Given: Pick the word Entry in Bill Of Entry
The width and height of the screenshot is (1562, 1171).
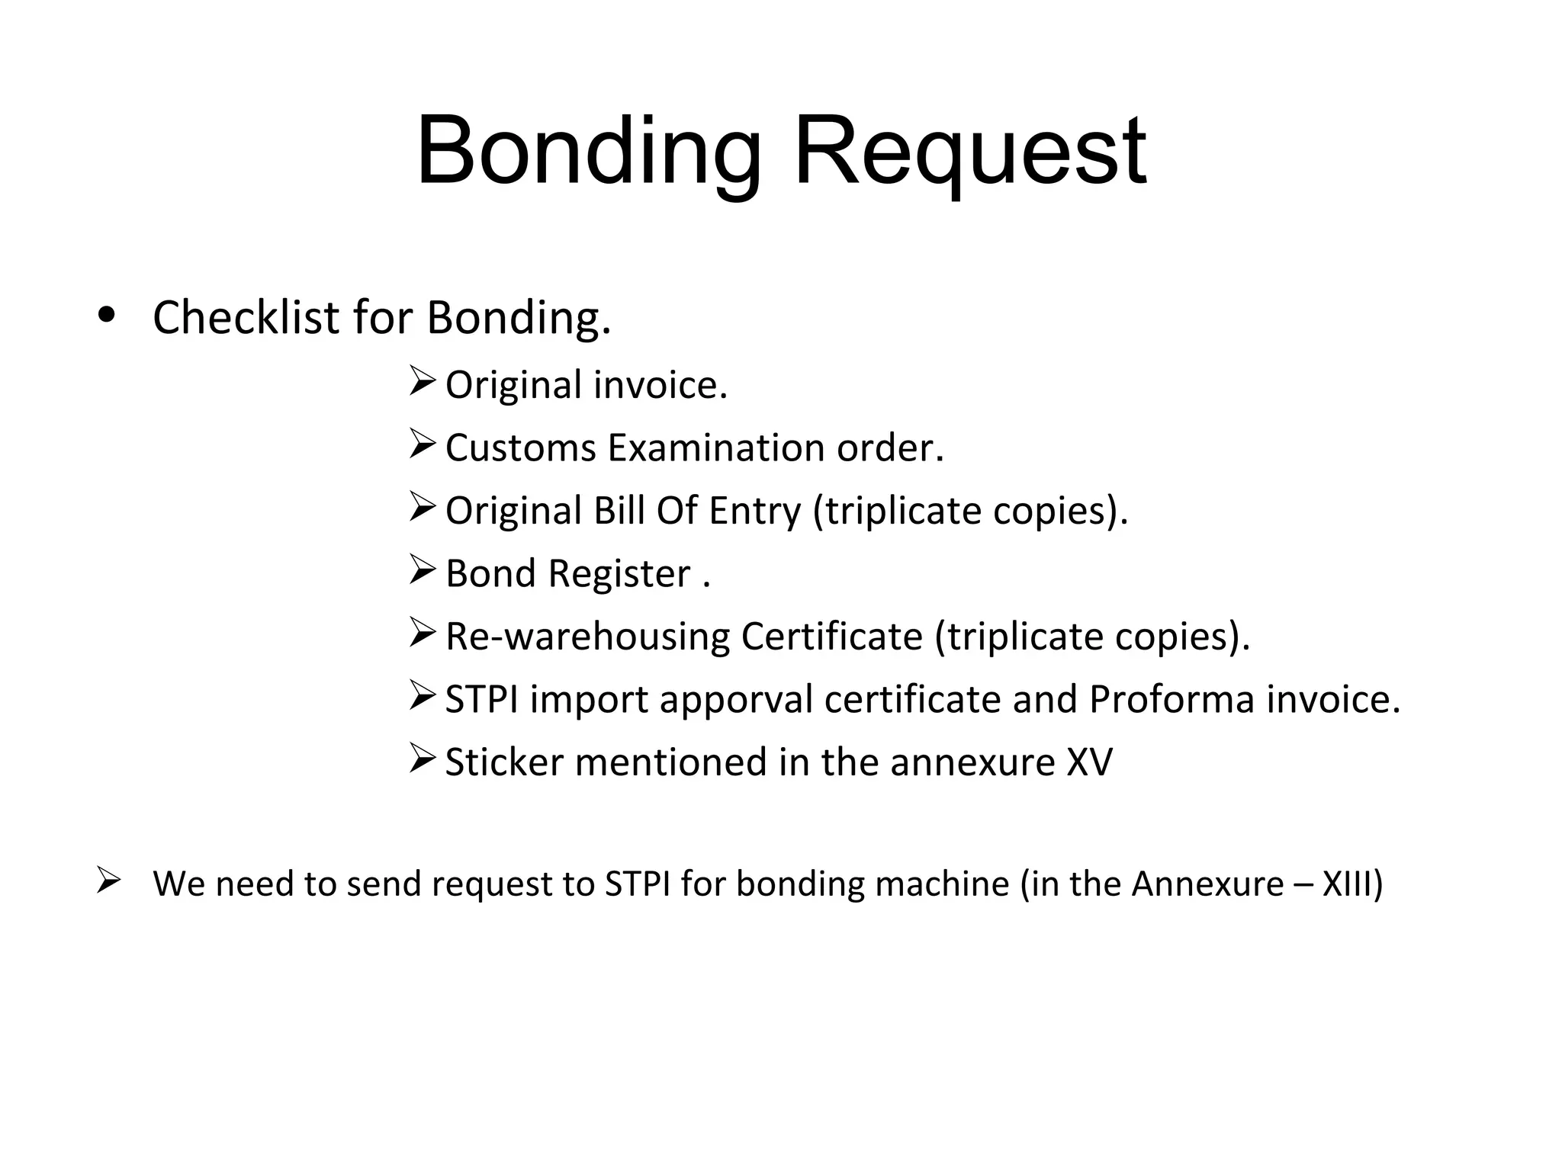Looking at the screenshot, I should (x=755, y=511).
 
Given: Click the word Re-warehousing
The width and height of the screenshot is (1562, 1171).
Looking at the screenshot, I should (x=587, y=637).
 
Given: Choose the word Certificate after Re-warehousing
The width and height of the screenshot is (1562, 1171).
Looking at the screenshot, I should (x=831, y=637).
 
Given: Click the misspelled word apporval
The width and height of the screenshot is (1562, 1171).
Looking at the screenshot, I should (x=737, y=700).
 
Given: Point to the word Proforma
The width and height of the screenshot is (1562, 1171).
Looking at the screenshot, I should (x=1171, y=699).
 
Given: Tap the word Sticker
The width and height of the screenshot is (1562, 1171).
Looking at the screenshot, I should (x=503, y=762).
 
